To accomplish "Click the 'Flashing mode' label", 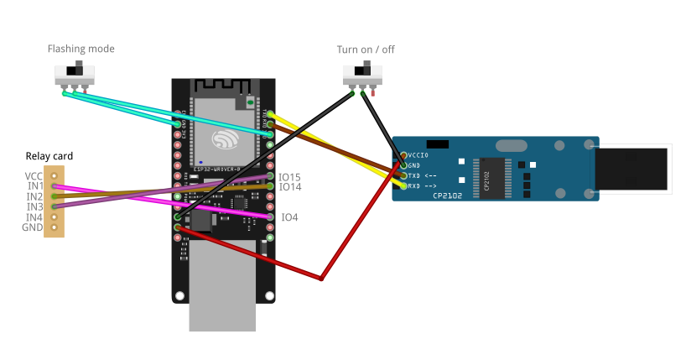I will (x=81, y=50).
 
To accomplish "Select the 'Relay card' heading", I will (x=49, y=156).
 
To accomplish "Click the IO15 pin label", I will (x=290, y=177).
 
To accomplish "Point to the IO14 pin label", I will (x=290, y=187).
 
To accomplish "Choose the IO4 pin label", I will (x=289, y=217).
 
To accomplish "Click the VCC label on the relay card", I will (x=34, y=175).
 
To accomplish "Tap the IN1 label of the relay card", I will (x=34, y=185).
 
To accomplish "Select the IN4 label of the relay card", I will (x=34, y=217).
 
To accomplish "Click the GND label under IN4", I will (x=33, y=227).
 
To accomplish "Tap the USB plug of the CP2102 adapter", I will (x=633, y=168).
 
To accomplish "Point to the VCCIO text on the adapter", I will (x=418, y=155).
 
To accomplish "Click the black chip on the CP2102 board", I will (x=491, y=177).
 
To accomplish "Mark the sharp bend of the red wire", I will (x=322, y=278).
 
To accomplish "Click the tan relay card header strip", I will (x=55, y=201).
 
